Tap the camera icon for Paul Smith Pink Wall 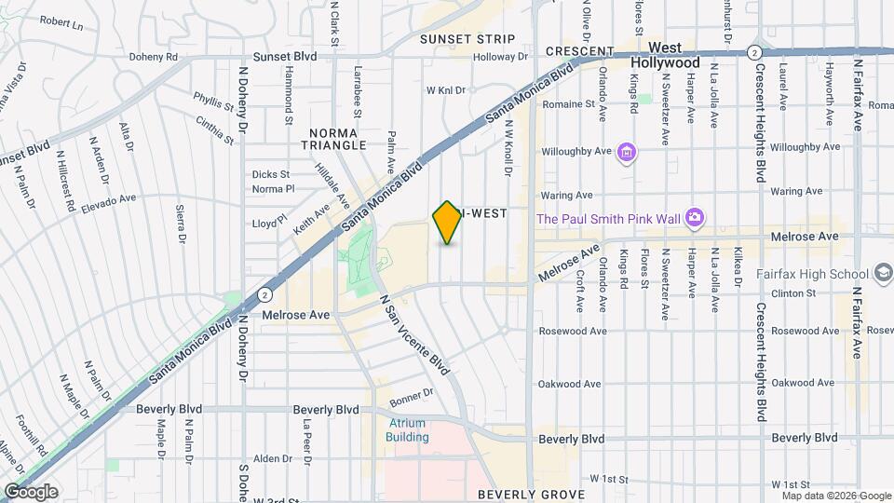click(694, 218)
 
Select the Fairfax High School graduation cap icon click(884, 273)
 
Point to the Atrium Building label click(408, 430)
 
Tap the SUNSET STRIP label click(467, 39)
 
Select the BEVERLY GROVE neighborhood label click(531, 494)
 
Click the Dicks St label click(271, 174)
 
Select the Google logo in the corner click(30, 491)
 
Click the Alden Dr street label click(273, 458)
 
